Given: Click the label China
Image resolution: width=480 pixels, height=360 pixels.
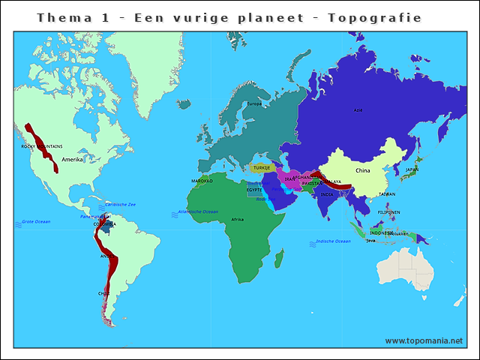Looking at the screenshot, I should pos(363,170).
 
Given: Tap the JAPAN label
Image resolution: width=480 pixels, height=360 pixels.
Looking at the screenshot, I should pos(412,169).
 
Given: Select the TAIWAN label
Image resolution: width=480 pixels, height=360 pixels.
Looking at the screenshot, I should pos(386,193).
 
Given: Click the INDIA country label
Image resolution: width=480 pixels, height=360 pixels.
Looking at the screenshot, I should pos(327,194).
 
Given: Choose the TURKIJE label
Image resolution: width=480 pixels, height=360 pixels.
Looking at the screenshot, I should pos(262,168).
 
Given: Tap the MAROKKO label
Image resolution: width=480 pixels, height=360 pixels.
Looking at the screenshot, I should pos(202,181).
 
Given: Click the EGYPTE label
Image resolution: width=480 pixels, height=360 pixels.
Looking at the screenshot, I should pos(255,190).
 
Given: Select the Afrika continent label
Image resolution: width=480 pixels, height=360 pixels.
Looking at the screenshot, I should pos(237,219).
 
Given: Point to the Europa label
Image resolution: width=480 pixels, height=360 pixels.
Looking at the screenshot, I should pos(254,103).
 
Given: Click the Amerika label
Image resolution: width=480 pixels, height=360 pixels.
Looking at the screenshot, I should pos(73,159).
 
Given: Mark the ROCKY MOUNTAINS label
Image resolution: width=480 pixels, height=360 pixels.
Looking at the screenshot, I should pos(42,146).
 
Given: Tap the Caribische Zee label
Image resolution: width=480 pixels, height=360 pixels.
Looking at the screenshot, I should pos(120,204).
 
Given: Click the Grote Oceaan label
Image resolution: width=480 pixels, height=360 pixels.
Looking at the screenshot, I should pos(35,221).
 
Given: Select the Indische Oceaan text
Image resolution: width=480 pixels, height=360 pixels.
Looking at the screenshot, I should pos(334,241).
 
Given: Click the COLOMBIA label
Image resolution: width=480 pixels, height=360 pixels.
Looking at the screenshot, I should pos(104,223).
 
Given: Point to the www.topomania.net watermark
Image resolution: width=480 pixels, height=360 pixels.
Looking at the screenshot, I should pos(424,340).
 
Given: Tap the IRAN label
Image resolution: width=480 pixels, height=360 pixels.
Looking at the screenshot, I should pos(289,179).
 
